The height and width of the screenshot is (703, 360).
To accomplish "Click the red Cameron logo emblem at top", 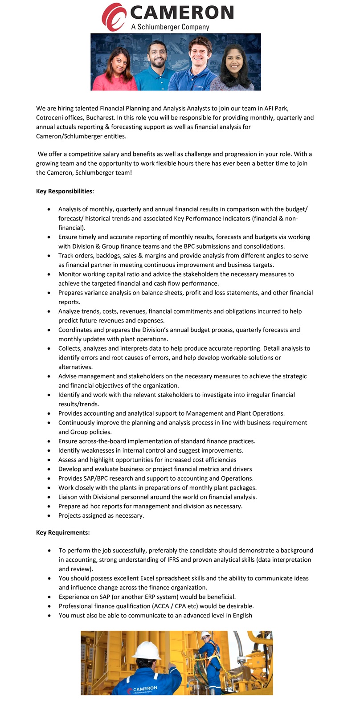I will click(113, 17).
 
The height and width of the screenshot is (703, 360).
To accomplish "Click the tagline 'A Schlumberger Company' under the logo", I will click(170, 27).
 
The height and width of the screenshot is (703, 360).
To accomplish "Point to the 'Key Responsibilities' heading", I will click(64, 191).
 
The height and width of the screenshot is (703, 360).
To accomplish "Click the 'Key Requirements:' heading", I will click(63, 532).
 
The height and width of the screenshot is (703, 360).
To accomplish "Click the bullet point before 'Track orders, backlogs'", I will click(49, 256).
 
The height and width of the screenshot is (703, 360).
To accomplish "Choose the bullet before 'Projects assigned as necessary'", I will click(49, 516).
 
